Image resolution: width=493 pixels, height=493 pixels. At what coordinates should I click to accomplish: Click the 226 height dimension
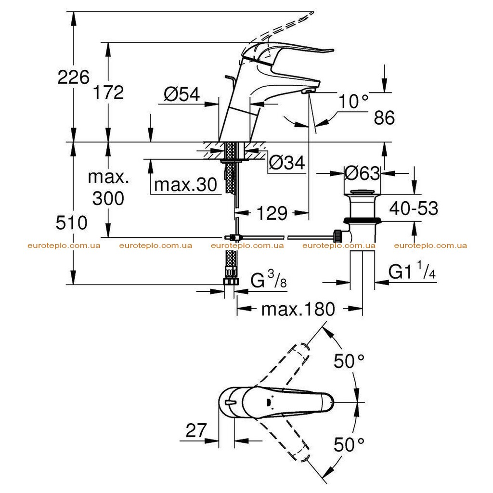coord(73,77)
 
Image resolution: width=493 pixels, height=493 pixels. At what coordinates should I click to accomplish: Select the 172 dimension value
coord(108,92)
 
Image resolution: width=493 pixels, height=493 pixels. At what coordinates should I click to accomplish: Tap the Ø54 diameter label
coord(182,94)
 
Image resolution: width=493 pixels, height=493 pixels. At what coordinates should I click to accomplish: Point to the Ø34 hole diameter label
coord(287,163)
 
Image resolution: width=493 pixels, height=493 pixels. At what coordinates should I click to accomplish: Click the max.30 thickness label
coord(185,184)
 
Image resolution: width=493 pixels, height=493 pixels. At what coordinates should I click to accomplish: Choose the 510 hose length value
coord(71,223)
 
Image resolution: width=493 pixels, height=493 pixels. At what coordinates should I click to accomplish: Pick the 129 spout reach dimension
coord(272,213)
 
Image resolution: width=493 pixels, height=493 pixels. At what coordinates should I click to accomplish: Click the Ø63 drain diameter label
coord(362,173)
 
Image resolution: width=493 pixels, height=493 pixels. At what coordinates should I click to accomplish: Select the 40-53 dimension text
coord(414,208)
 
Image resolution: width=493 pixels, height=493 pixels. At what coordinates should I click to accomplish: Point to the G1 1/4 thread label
coord(412,270)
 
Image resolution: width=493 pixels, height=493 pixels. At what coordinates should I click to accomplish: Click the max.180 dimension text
coord(298,309)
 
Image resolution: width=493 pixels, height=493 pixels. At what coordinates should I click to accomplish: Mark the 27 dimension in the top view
coord(196,430)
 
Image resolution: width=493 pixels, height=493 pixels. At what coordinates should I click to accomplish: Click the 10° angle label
coord(353,102)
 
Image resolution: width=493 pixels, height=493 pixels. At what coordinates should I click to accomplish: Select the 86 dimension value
coord(384,117)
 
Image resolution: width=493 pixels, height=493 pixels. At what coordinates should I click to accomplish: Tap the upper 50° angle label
coord(349,361)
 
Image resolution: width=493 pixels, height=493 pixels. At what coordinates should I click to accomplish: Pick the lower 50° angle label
coord(349,444)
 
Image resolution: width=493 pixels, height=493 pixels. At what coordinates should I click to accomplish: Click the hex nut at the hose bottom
coord(231,281)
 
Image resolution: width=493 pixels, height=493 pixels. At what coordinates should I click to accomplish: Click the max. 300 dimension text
coord(108,188)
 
